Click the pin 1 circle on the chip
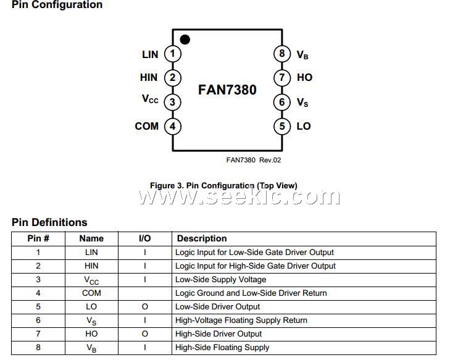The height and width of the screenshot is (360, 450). pyautogui.click(x=173, y=54)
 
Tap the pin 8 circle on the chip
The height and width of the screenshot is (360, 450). pyautogui.click(x=282, y=54)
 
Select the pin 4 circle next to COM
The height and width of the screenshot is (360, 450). pyautogui.click(x=173, y=127)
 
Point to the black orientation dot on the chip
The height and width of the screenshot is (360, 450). pyautogui.click(x=185, y=40)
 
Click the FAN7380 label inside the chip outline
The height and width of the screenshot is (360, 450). pyautogui.click(x=227, y=90)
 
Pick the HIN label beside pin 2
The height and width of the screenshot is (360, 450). pyautogui.click(x=149, y=78)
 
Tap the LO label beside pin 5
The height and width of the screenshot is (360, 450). pyautogui.click(x=303, y=127)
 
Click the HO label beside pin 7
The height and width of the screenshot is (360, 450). pyautogui.click(x=304, y=78)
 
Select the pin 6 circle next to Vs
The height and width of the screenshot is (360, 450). pyautogui.click(x=282, y=102)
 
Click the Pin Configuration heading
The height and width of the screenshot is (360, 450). pyautogui.click(x=57, y=5)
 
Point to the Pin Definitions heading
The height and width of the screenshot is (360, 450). pyautogui.click(x=49, y=222)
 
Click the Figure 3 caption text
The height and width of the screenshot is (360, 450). pyautogui.click(x=223, y=185)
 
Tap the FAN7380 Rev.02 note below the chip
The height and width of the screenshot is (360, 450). pyautogui.click(x=253, y=160)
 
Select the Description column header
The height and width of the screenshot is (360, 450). pyautogui.click(x=202, y=238)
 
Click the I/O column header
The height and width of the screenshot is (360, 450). pyautogui.click(x=144, y=238)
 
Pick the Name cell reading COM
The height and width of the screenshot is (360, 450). pyautogui.click(x=91, y=293)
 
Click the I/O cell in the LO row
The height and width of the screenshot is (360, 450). pyautogui.click(x=144, y=307)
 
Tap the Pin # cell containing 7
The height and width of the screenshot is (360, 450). pyautogui.click(x=38, y=334)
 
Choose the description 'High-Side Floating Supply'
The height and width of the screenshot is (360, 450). pyautogui.click(x=222, y=348)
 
